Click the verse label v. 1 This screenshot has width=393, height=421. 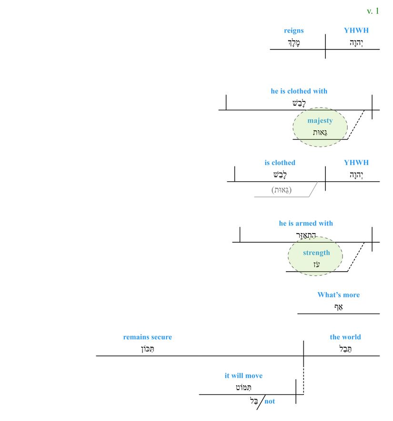[x=373, y=11]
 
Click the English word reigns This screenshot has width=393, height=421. [x=293, y=30]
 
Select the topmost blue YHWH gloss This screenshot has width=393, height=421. [x=356, y=30]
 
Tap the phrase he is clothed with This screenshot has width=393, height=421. [x=299, y=91]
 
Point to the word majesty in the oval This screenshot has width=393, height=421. [x=320, y=120]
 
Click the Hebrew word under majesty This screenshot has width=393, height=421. [x=320, y=133]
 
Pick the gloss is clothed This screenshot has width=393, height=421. [x=280, y=163]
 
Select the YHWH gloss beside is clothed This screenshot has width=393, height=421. [x=356, y=163]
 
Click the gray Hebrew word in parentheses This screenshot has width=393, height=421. [x=282, y=190]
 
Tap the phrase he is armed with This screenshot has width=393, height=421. [x=306, y=223]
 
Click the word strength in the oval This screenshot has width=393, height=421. [x=316, y=253]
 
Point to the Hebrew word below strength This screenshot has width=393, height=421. [x=316, y=265]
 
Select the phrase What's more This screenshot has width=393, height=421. [x=338, y=295]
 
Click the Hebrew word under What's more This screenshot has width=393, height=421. [x=338, y=307]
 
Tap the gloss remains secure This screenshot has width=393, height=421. [x=148, y=337]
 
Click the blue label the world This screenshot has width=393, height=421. [x=345, y=337]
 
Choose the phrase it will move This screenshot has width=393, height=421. [x=243, y=376]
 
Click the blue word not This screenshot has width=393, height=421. [x=270, y=401]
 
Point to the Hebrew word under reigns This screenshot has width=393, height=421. [x=294, y=43]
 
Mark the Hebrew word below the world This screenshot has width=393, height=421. [x=345, y=349]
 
